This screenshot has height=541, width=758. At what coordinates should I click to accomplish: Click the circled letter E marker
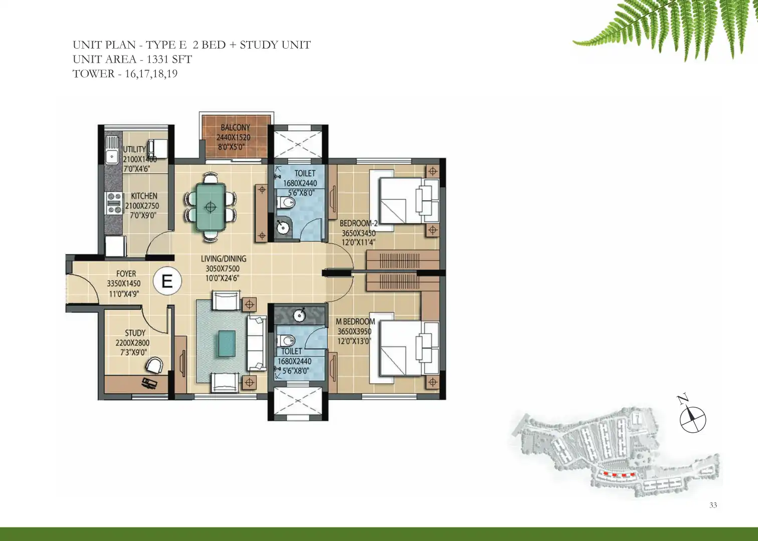point(167,281)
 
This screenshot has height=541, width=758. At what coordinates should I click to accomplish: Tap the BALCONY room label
point(235,127)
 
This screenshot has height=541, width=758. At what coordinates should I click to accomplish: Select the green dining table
point(211,206)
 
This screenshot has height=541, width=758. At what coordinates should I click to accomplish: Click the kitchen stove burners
point(114,203)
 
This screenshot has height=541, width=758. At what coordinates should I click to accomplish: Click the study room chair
point(154,366)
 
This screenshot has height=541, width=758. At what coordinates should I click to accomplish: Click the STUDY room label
point(135,333)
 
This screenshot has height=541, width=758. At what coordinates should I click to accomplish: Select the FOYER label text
point(126,274)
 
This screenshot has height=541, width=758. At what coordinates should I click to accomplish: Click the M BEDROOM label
point(355,322)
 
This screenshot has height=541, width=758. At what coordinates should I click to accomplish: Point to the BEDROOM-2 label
point(358,223)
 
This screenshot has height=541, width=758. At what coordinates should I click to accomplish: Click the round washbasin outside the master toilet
point(299,315)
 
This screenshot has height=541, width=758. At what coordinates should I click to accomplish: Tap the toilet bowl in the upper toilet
point(286,202)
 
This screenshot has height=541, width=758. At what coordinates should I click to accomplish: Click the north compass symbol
point(693,419)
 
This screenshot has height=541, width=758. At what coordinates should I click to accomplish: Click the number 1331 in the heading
point(157,59)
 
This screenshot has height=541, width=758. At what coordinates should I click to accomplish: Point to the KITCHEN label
point(144,196)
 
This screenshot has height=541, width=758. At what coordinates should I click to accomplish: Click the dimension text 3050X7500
point(222,269)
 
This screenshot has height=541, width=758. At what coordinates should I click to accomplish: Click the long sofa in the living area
point(256,343)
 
